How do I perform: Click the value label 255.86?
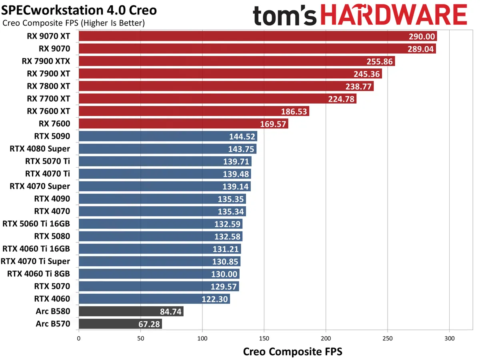click(x=380, y=62)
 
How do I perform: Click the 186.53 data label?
click(x=294, y=111)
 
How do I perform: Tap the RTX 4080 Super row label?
click(x=40, y=149)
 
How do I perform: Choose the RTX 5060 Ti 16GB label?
click(x=36, y=224)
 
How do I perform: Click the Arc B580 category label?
click(x=52, y=311)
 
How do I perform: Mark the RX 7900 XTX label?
click(x=46, y=62)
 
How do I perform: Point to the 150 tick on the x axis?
click(x=264, y=338)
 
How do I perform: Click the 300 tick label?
click(x=449, y=338)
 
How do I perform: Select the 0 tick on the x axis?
click(x=79, y=338)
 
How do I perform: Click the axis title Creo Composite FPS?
click(x=292, y=352)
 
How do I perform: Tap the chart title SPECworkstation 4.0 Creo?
click(x=80, y=10)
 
